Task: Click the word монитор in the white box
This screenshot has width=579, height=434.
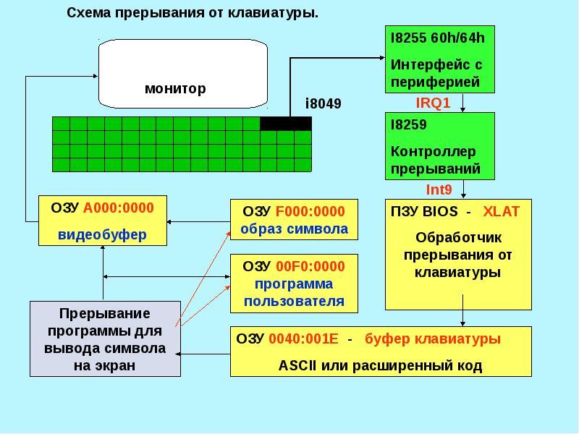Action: coord(175,88)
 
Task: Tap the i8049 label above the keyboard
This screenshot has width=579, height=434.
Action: coord(323,103)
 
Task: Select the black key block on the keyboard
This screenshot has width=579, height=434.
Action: coord(286,124)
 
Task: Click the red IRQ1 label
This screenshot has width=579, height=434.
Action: coord(433,103)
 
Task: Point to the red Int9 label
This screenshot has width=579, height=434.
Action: coord(439,190)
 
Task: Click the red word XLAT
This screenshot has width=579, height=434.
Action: coord(501,211)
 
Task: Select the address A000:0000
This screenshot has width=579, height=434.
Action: coord(119,208)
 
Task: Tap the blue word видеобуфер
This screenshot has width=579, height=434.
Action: coord(102,234)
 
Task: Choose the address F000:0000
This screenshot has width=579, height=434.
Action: coord(310,211)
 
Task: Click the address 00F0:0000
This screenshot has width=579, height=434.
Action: coord(310,266)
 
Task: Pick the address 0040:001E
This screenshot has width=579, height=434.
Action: coord(303,339)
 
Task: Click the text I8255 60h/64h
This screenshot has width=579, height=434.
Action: coord(438,38)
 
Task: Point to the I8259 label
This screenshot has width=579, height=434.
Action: coord(408,124)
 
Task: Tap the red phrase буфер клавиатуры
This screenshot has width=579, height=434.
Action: coord(433,339)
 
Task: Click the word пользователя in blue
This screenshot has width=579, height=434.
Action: coord(294,302)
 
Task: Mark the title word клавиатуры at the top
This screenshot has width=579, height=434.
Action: coord(273,13)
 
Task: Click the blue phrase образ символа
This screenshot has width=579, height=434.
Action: coord(294,229)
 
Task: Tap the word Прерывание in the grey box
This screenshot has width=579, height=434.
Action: coord(104,314)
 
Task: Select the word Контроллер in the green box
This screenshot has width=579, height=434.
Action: coord(433,152)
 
